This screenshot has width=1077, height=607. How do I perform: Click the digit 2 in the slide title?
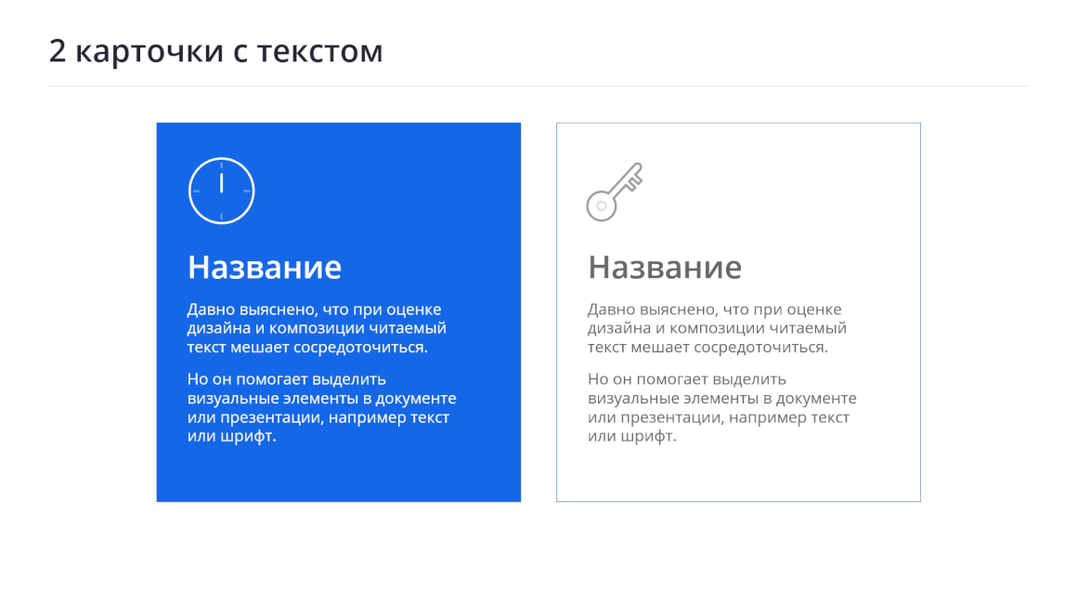point(58,51)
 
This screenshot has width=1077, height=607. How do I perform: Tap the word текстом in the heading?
point(320,53)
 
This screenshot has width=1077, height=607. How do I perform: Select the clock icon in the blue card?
point(221,191)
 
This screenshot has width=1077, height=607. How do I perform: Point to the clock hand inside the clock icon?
point(221,183)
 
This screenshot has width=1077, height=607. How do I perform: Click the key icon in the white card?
point(614,191)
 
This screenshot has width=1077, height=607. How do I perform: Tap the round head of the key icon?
point(602,205)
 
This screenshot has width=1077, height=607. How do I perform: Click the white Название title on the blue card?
point(265,268)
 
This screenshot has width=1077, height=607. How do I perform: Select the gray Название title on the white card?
point(665,268)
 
